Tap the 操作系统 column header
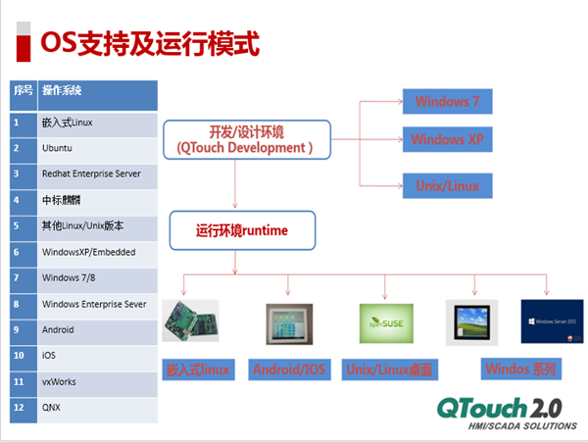click(97, 93)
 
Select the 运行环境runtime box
click(241, 231)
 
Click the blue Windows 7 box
click(447, 102)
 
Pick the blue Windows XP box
click(447, 140)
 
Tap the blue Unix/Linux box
click(447, 183)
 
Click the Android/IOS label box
click(289, 369)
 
